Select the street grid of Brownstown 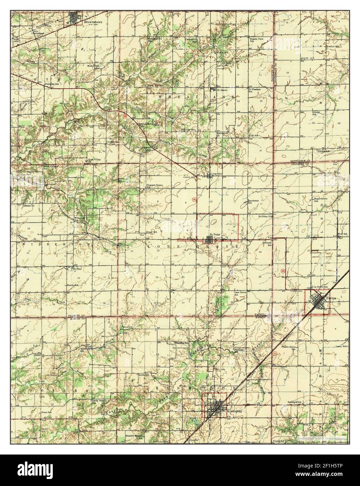click(x=74, y=17)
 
